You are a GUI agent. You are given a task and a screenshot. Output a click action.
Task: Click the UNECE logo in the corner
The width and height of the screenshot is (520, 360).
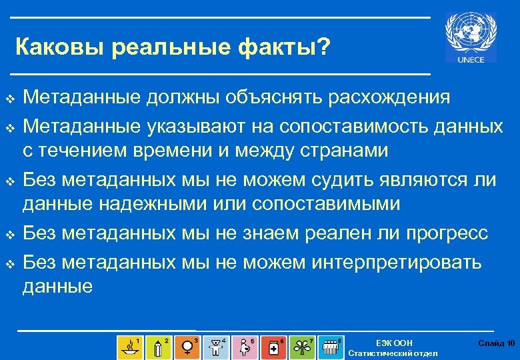click(471, 38)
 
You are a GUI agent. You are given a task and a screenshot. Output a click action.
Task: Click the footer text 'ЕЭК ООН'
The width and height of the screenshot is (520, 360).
click(394, 343)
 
